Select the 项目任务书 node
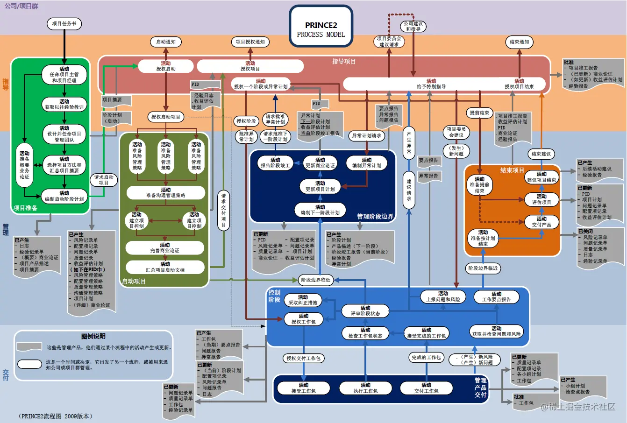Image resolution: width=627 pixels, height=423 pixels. coord(64,23)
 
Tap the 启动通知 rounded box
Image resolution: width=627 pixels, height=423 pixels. coord(166,42)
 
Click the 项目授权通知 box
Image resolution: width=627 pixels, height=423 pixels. coord(250,42)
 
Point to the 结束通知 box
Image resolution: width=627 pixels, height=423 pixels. coord(519,42)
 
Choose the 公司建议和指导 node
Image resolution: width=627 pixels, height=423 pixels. coord(413,26)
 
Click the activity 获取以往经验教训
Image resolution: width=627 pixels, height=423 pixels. coord(64,104)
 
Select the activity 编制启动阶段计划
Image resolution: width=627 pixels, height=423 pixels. coord(64,196)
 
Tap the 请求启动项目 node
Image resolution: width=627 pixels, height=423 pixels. coord(103,180)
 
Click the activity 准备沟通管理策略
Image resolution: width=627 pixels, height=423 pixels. coord(165,192)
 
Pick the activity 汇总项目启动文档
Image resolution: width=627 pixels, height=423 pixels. coord(165,267)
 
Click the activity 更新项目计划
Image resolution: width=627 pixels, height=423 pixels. coord(320,186)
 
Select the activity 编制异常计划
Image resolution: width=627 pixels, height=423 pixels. coord(367,162)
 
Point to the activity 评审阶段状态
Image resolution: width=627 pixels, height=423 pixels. coord(365,310)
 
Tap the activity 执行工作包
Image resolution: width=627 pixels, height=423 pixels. coord(365,388)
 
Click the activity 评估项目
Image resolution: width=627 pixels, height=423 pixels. coord(541,199)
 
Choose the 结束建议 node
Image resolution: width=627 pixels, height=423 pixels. coord(541,154)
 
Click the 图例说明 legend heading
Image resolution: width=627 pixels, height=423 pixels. coord(93,336)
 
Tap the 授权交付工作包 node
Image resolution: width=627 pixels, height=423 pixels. coord(304,358)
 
